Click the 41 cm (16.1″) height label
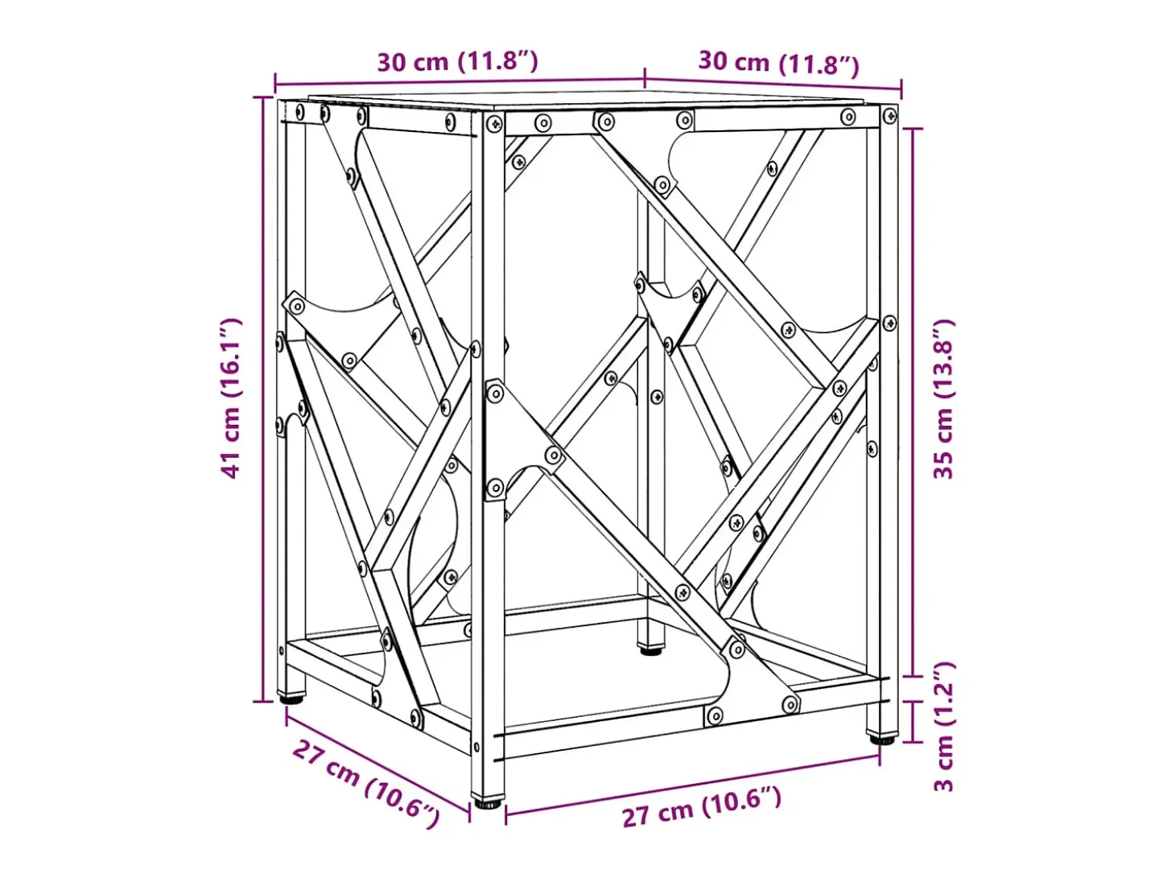pos(231,398)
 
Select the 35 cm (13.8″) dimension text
pos(943,398)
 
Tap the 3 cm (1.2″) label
pos(943,727)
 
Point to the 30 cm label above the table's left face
pos(458,62)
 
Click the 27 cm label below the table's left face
pos(366,785)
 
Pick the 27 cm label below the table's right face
pos(702,808)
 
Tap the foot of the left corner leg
pos(292,699)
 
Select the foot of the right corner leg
pos(883,740)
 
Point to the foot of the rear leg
pos(650,651)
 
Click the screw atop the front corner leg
pos(495,124)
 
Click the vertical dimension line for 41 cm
pos(263,399)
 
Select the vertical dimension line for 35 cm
pos(913,402)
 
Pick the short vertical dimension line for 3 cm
pos(913,720)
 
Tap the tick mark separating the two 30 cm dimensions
pos(645,78)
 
